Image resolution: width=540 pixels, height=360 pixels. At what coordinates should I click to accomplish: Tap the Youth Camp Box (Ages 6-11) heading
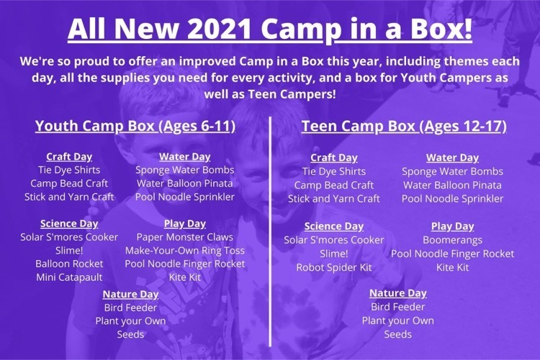coord(135,126)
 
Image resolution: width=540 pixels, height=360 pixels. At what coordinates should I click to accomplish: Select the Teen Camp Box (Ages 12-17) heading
coord(405,126)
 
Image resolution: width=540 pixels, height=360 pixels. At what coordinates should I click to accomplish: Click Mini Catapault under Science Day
coord(69,277)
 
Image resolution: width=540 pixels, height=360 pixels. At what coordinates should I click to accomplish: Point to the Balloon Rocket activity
coord(69,264)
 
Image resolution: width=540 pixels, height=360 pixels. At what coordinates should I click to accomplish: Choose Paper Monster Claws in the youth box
coord(184,237)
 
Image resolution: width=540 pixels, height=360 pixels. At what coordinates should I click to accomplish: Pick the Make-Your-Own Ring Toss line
coord(184,251)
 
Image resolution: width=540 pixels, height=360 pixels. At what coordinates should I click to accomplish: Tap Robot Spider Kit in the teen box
coord(334,267)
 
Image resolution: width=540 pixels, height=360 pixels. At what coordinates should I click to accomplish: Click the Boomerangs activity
coord(453,240)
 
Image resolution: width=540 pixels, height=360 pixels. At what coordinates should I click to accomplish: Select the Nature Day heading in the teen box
coord(397,293)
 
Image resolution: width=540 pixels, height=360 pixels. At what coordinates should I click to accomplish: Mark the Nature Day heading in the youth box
coord(130,294)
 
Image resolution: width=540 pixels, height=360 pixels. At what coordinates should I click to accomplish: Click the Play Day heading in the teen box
coord(453,226)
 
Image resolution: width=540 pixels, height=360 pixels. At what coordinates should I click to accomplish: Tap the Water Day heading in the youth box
coord(184,157)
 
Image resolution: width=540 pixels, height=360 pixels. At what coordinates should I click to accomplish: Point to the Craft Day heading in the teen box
coord(333,158)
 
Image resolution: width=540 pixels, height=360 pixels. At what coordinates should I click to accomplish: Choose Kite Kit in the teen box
coord(453,267)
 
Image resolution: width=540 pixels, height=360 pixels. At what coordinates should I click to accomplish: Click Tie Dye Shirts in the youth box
coord(69,170)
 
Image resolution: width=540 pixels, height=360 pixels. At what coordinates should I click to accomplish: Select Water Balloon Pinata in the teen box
coord(453,185)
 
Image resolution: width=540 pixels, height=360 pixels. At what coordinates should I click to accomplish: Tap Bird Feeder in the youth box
coord(130,307)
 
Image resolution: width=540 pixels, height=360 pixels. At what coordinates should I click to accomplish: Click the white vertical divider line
coord(270,232)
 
